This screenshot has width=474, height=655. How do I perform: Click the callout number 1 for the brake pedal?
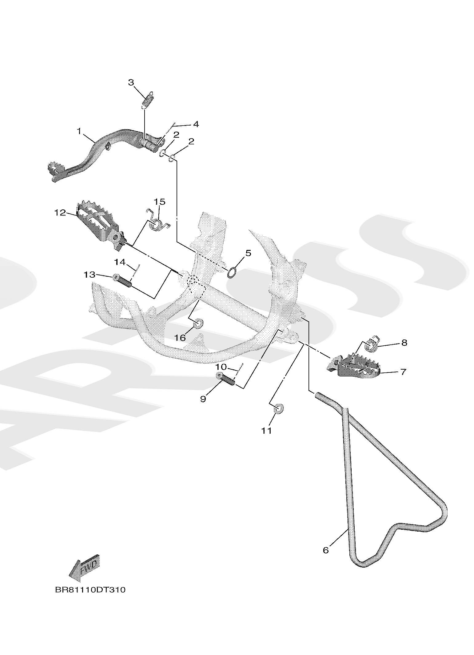[x=79, y=131]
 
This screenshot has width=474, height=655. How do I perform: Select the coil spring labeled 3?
[x=148, y=100]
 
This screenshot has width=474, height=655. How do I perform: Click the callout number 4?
[x=196, y=124]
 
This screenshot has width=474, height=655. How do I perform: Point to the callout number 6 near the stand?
[x=326, y=550]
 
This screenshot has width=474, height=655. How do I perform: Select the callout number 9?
[x=203, y=399]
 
